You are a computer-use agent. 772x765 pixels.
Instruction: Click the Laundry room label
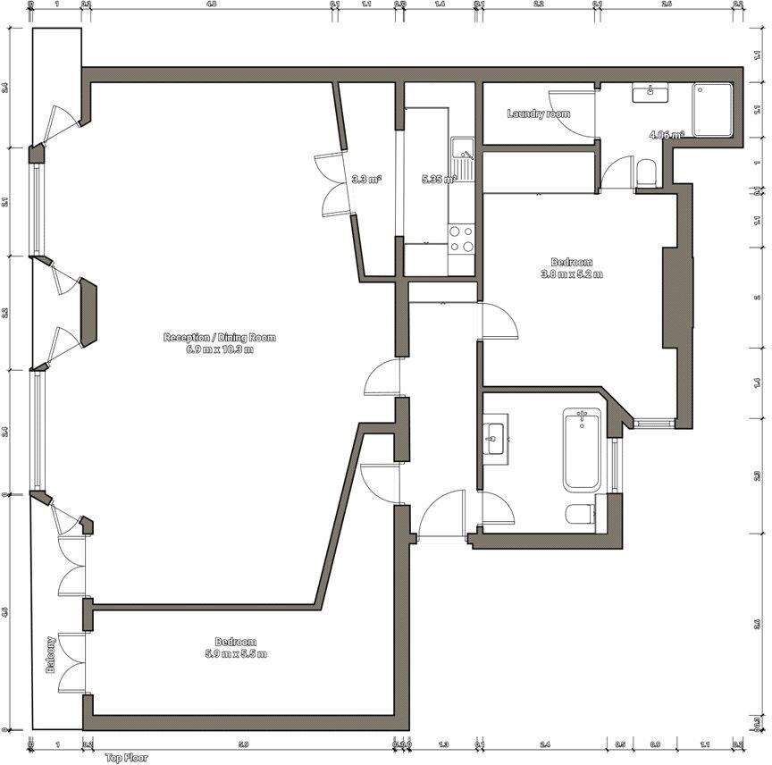point(538,113)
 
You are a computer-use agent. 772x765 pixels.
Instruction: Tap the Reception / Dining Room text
point(220,337)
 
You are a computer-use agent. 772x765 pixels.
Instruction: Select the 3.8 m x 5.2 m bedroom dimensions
point(571,273)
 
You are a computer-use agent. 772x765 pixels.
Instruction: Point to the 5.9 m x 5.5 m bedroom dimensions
point(235,653)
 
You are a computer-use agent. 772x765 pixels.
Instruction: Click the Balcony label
point(50,653)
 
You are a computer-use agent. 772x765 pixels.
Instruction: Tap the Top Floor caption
point(126,758)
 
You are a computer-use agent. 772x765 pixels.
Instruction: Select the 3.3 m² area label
point(366,179)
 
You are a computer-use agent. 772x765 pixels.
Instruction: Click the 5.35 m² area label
point(438,179)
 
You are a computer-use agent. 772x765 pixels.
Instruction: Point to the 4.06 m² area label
point(666,135)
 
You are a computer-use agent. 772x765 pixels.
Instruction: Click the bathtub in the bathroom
point(582,449)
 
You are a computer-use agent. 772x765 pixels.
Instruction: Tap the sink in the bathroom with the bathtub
point(495,435)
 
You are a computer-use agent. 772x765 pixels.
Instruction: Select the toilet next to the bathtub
point(579,513)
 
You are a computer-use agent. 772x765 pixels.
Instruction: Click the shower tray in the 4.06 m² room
point(711,110)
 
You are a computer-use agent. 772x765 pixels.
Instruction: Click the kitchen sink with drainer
point(462,158)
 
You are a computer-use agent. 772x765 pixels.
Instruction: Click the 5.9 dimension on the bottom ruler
point(243,744)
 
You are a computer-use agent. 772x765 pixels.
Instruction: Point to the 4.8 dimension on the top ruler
point(212,4)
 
